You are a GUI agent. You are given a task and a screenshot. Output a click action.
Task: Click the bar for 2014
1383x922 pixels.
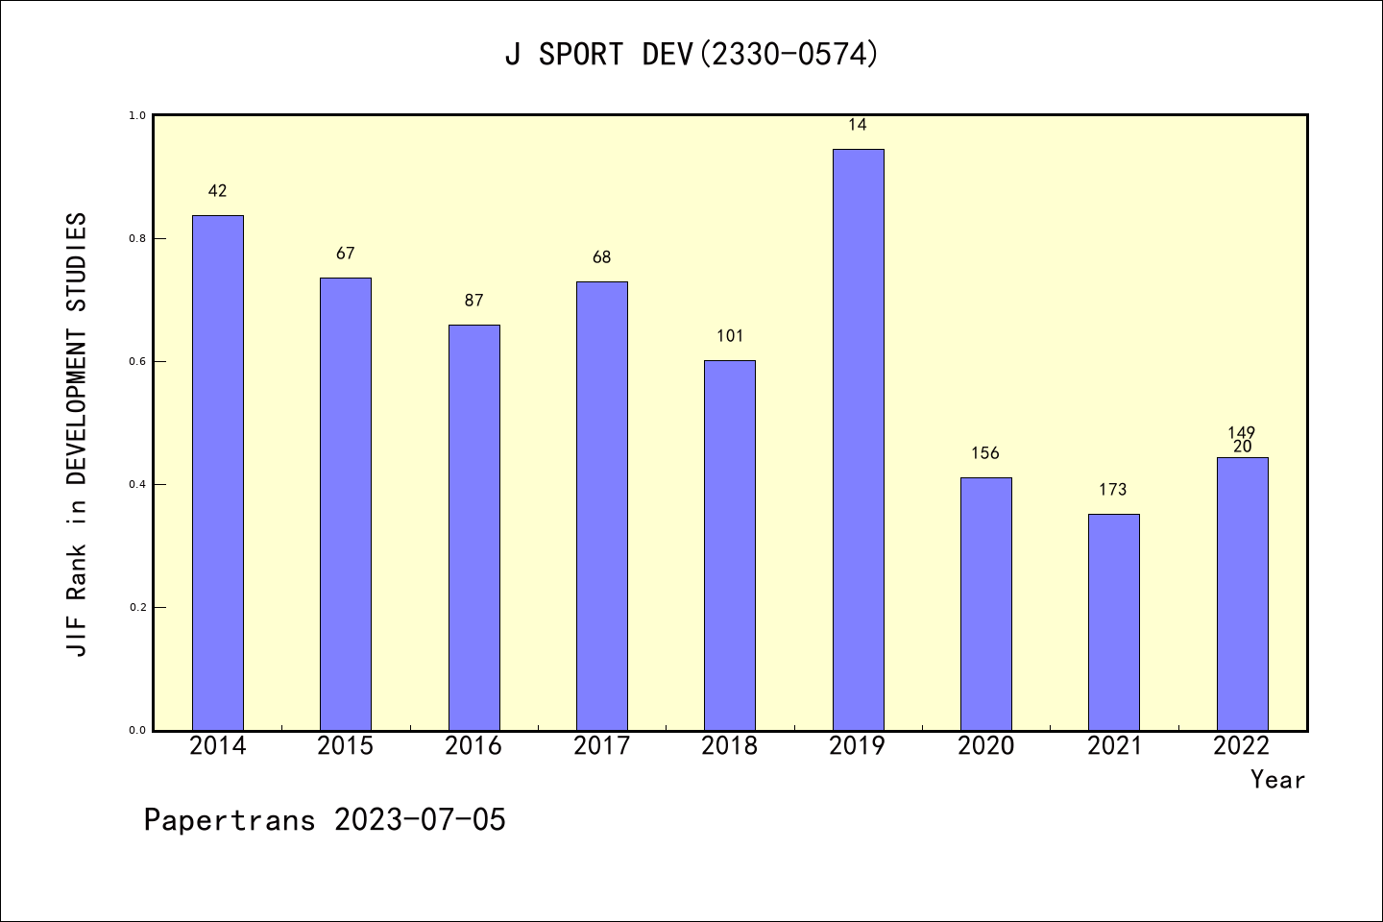(218, 473)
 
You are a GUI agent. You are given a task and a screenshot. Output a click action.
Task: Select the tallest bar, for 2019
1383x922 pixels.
(858, 440)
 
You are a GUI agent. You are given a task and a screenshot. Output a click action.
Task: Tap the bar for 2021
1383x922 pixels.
(1113, 622)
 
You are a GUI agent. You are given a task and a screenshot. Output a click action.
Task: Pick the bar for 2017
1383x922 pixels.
(602, 506)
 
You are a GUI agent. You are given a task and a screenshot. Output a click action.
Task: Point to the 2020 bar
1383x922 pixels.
(985, 604)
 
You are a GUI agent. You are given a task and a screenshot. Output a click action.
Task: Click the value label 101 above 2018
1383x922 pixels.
(730, 336)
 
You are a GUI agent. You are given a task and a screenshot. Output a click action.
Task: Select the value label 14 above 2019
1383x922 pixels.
(858, 125)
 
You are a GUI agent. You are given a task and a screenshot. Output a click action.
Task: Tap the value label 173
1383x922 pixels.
(1112, 490)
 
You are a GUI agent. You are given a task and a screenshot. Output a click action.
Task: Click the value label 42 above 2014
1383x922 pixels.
(218, 191)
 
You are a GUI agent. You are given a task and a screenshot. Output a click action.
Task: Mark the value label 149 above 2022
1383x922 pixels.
(1241, 432)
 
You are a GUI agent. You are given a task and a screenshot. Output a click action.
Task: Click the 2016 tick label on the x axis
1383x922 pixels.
(473, 746)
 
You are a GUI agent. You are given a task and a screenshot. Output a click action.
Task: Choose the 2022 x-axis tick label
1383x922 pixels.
(1241, 746)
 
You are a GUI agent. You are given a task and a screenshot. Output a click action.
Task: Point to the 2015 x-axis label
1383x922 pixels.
(346, 746)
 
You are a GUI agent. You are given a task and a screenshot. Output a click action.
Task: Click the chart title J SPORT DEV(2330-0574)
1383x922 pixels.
(691, 55)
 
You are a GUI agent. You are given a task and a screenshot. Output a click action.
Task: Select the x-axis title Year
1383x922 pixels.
(1277, 780)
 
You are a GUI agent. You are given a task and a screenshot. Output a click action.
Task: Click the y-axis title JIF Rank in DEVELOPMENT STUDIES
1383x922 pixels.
(77, 434)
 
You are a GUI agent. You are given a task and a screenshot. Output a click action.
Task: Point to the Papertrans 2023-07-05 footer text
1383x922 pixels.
(325, 820)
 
